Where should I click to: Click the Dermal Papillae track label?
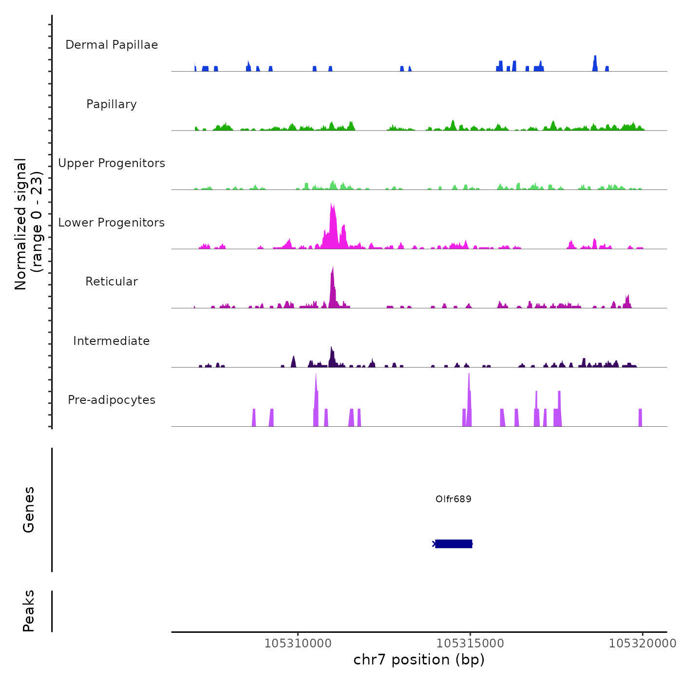(x=112, y=45)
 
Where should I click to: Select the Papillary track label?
(x=112, y=104)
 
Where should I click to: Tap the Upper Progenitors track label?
(x=112, y=163)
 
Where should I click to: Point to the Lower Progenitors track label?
(x=112, y=223)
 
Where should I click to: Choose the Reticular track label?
(x=112, y=282)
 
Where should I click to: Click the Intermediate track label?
(x=112, y=341)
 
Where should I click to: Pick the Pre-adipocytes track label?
(x=112, y=400)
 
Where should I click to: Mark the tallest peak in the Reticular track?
(x=333, y=268)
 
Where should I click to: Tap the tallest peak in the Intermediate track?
(x=331, y=348)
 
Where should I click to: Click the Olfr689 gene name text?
(x=454, y=499)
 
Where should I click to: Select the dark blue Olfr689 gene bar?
(x=454, y=544)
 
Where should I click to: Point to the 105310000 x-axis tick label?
(x=298, y=644)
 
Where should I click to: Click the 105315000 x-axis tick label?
(x=470, y=644)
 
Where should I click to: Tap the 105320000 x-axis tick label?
(x=643, y=644)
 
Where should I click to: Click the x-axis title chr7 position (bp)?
(x=419, y=660)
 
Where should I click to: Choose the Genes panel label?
(x=29, y=510)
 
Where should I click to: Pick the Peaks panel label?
(x=29, y=611)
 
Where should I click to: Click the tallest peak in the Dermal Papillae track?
(x=595, y=57)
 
